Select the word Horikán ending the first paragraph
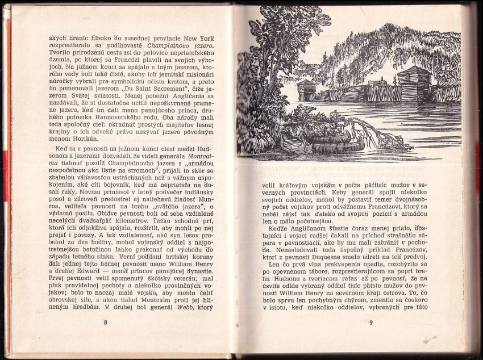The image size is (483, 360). [85, 139]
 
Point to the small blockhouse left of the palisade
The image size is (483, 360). [305, 90]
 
